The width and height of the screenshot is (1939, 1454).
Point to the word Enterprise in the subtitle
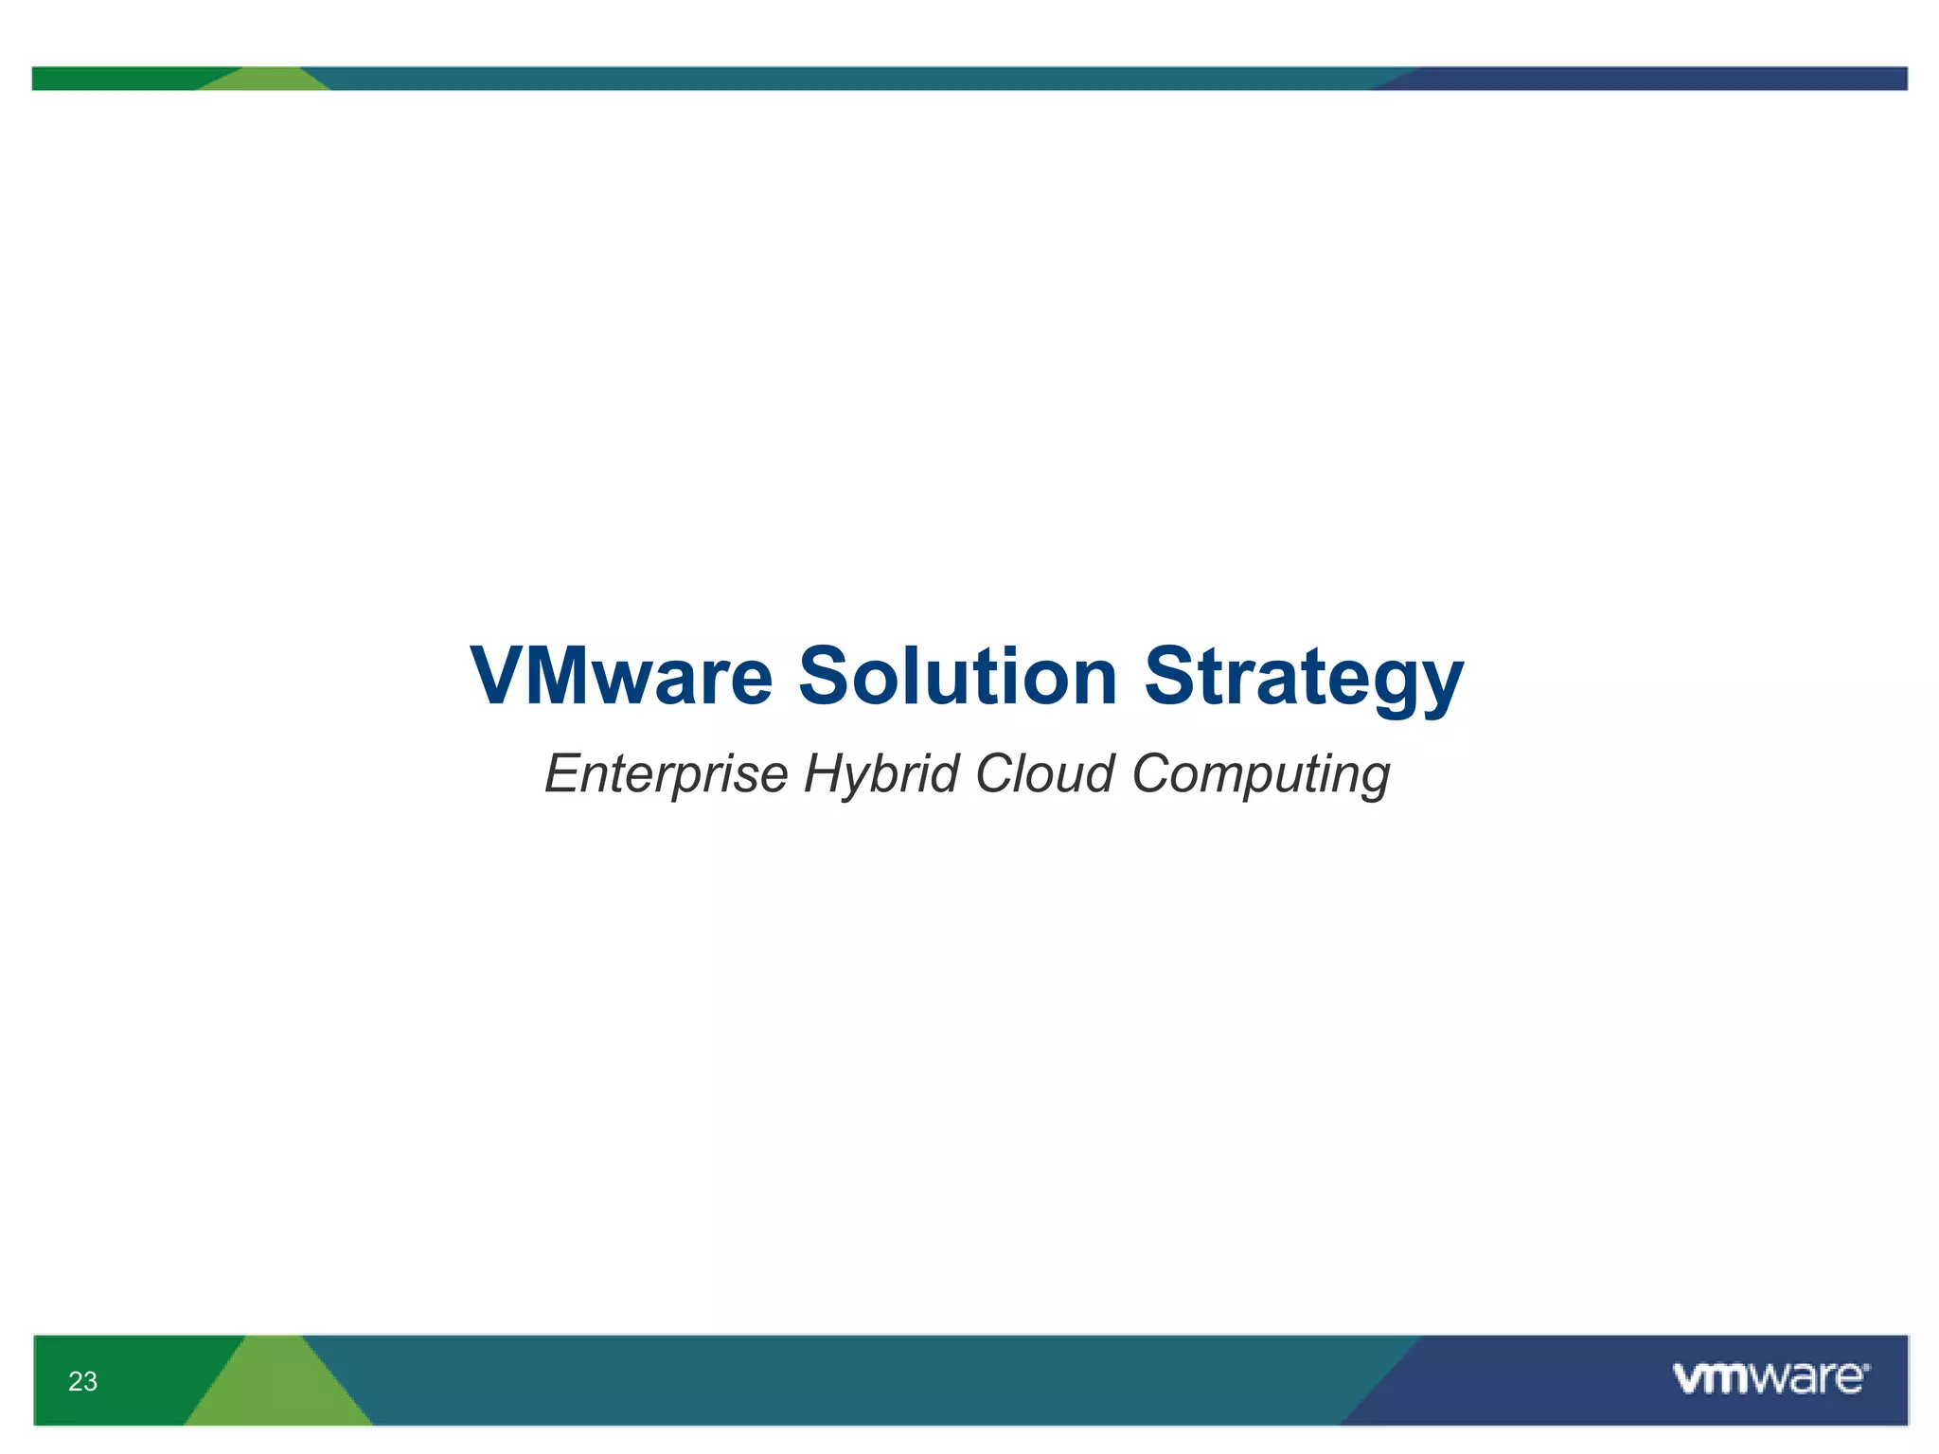pyautogui.click(x=666, y=774)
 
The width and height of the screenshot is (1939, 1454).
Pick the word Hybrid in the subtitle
pyautogui.click(x=881, y=774)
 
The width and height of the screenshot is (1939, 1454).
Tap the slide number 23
pyautogui.click(x=82, y=1382)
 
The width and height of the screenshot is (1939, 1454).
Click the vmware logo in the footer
pyautogui.click(x=1770, y=1378)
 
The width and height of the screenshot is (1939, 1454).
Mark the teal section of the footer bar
pyautogui.click(x=852, y=1380)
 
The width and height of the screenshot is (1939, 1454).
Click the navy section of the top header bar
pyautogui.click(x=1657, y=79)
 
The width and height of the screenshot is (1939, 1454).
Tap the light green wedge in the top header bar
pyautogui.click(x=266, y=80)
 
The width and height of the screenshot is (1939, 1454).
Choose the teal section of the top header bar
pyautogui.click(x=852, y=79)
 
